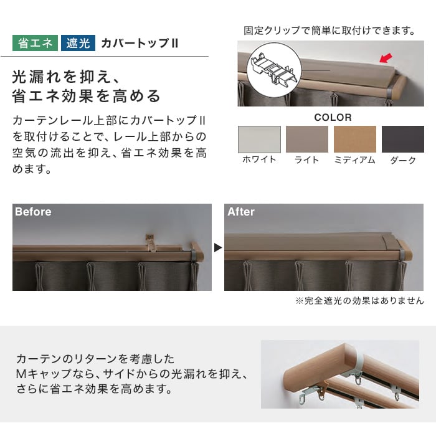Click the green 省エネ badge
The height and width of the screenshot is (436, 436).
35,43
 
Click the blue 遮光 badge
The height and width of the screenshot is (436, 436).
78,43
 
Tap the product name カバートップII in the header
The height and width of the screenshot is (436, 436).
140,44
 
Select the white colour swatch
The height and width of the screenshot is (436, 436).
259,140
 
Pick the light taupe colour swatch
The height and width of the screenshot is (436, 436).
307,140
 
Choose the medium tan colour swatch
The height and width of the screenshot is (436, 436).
355,140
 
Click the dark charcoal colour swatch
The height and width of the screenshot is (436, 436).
403,140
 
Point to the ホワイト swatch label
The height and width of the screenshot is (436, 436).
259,159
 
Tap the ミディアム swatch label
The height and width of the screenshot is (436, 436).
355,160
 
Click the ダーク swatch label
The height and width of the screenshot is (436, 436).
403,160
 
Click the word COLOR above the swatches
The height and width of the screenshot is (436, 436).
333,117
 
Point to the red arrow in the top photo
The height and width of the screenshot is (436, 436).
386,58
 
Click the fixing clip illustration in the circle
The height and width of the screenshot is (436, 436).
274,69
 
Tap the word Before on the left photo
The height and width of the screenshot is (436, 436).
33,212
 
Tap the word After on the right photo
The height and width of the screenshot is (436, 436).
241,212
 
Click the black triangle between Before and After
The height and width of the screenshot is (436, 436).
218,247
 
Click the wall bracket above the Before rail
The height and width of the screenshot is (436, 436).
151,242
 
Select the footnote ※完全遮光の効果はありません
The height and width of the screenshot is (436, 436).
359,301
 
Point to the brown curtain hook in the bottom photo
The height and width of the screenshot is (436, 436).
323,389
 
